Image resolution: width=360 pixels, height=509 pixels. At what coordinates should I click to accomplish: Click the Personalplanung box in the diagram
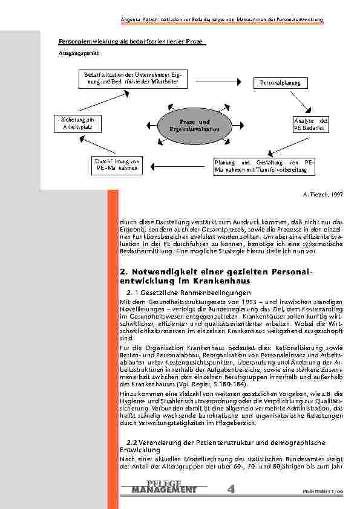point(281,82)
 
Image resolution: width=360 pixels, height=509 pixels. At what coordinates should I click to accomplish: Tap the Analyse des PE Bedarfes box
point(309,124)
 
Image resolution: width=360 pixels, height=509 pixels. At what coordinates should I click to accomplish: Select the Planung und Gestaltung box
point(264,166)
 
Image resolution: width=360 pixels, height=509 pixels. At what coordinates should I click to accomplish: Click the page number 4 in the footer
point(232,488)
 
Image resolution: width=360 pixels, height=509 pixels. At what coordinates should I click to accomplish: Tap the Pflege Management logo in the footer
point(163,487)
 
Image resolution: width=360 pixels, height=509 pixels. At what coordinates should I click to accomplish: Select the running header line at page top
point(221,20)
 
